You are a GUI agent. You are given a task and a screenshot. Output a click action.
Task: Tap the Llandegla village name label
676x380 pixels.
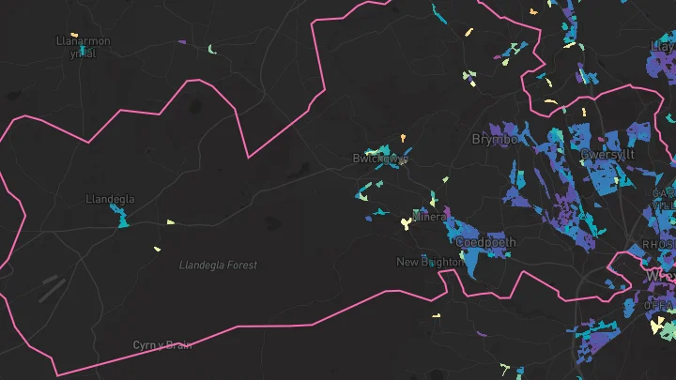[110, 200]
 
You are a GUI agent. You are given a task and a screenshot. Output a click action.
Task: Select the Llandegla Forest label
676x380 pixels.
[218, 266]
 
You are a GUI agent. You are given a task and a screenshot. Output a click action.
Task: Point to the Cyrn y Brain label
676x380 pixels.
[162, 345]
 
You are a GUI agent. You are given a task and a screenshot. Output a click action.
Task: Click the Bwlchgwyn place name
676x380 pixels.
[380, 159]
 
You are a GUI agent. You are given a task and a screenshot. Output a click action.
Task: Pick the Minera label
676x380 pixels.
[429, 218]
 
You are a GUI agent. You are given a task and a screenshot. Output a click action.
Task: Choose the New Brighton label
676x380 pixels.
[426, 262]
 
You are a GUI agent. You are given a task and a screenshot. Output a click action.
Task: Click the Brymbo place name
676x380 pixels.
[494, 139]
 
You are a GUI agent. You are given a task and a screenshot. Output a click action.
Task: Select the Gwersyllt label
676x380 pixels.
[607, 154]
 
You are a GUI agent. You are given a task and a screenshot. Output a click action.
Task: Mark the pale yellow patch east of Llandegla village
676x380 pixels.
[171, 222]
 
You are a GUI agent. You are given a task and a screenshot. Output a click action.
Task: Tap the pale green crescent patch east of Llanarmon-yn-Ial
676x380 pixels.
[212, 49]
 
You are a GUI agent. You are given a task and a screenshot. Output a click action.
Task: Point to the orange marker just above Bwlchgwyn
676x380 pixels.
[404, 138]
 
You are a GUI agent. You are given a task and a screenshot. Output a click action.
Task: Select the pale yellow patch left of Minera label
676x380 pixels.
[405, 222]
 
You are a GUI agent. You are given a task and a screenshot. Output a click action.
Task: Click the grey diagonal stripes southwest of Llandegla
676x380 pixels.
[52, 287]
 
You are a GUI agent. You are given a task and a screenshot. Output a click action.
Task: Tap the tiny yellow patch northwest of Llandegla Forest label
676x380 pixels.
[157, 249]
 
